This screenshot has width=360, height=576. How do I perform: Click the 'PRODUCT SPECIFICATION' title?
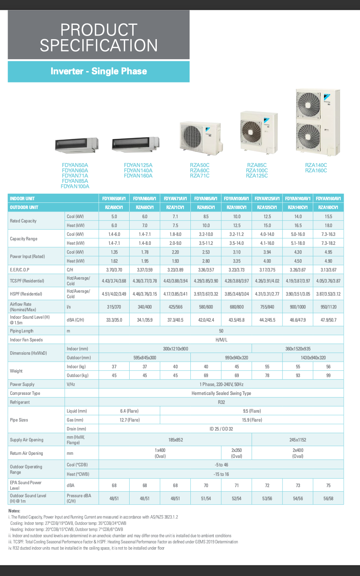[98, 38]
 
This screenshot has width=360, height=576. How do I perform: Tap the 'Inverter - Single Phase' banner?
[98, 71]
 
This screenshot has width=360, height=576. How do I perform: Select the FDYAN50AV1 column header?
[114, 198]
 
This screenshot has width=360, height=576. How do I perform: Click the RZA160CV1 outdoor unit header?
[328, 207]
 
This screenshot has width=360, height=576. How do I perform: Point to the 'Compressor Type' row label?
[25, 393]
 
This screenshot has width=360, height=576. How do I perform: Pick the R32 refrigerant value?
[221, 402]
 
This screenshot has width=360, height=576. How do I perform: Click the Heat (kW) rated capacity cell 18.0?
[328, 225]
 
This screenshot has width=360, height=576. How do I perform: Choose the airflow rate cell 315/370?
[114, 307]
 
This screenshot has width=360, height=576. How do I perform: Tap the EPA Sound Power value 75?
[328, 485]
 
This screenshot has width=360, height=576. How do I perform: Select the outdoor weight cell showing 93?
[298, 375]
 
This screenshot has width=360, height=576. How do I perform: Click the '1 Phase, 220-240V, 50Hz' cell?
[221, 384]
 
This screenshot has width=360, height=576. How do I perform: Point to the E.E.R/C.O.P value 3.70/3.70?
[114, 270]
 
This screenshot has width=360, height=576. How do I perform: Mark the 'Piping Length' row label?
[22, 331]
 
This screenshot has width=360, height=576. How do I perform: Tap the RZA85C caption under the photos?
[257, 165]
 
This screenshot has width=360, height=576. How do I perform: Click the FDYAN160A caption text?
[138, 176]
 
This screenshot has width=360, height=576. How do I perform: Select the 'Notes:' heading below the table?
[14, 511]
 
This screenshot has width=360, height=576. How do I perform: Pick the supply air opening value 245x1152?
[298, 440]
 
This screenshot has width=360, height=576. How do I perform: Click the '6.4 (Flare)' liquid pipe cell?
[129, 411]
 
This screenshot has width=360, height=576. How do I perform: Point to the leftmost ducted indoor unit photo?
[76, 145]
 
